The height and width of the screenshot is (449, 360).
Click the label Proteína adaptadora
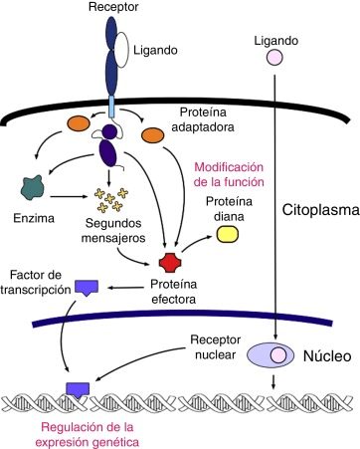click(x=216, y=119)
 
